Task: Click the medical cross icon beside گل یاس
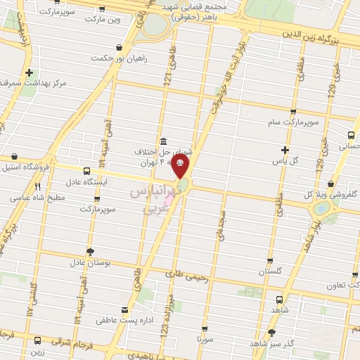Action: pos(284,150)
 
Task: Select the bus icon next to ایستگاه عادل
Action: pos(86,171)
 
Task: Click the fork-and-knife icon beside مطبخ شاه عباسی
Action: pos(37,187)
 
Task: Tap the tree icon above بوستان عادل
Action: pos(89,251)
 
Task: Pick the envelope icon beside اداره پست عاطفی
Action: pos(124,310)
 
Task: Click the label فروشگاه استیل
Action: pos(29,167)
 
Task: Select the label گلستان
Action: pos(271,271)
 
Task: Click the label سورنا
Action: pos(205,340)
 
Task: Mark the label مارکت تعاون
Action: pos(343,285)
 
